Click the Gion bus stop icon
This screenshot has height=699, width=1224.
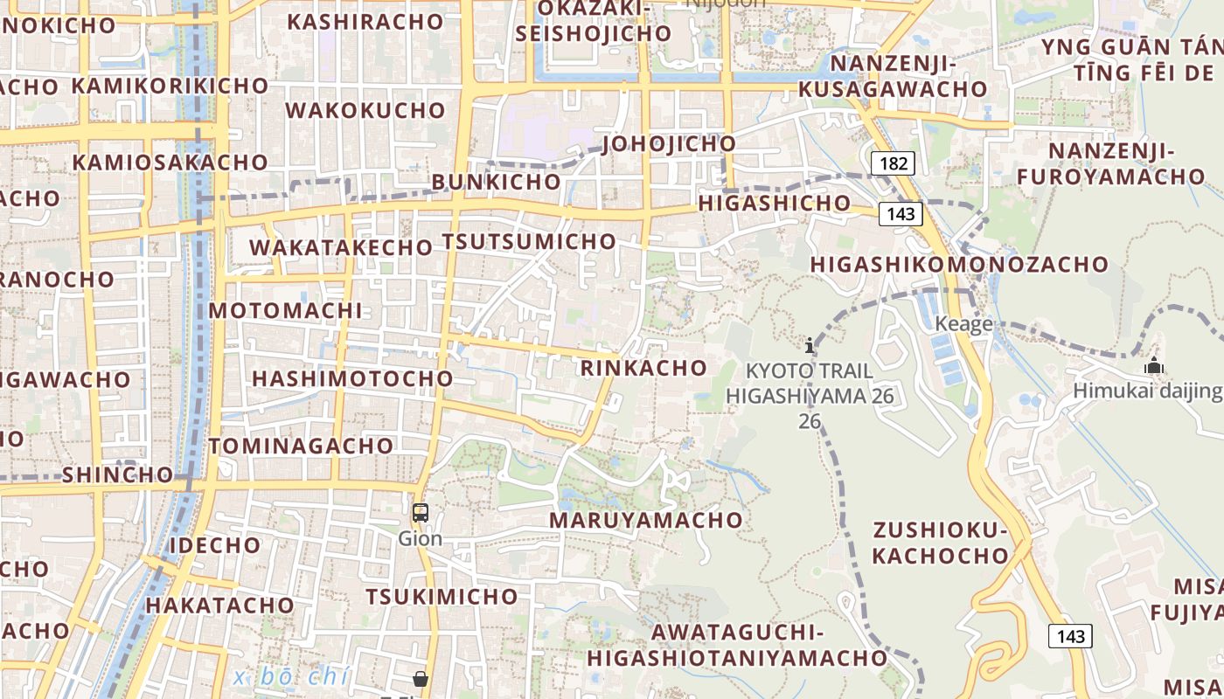[x=421, y=513]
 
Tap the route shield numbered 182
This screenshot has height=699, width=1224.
[x=893, y=163]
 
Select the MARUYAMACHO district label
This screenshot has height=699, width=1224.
[x=646, y=520]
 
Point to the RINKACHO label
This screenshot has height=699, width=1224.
[x=643, y=368]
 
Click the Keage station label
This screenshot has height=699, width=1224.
[x=963, y=324]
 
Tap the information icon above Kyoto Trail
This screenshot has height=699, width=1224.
[x=810, y=345]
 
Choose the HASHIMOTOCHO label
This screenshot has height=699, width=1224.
[x=352, y=378]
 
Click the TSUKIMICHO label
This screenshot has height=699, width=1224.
[x=442, y=597]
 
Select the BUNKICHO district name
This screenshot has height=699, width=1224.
[x=496, y=182]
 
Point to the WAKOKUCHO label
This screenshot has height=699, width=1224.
[x=365, y=111]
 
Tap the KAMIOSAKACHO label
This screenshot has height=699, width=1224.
[x=170, y=163]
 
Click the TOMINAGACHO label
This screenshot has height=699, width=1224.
[x=302, y=446]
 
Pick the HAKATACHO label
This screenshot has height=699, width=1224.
[x=219, y=605]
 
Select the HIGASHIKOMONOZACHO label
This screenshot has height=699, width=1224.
[x=959, y=264]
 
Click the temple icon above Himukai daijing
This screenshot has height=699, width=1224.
[x=1154, y=365]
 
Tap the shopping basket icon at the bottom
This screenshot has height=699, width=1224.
[x=421, y=679]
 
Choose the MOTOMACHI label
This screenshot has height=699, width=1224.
[x=285, y=310]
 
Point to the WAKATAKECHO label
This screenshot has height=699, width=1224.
[x=341, y=247]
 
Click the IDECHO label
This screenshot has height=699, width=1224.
[x=215, y=545]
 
